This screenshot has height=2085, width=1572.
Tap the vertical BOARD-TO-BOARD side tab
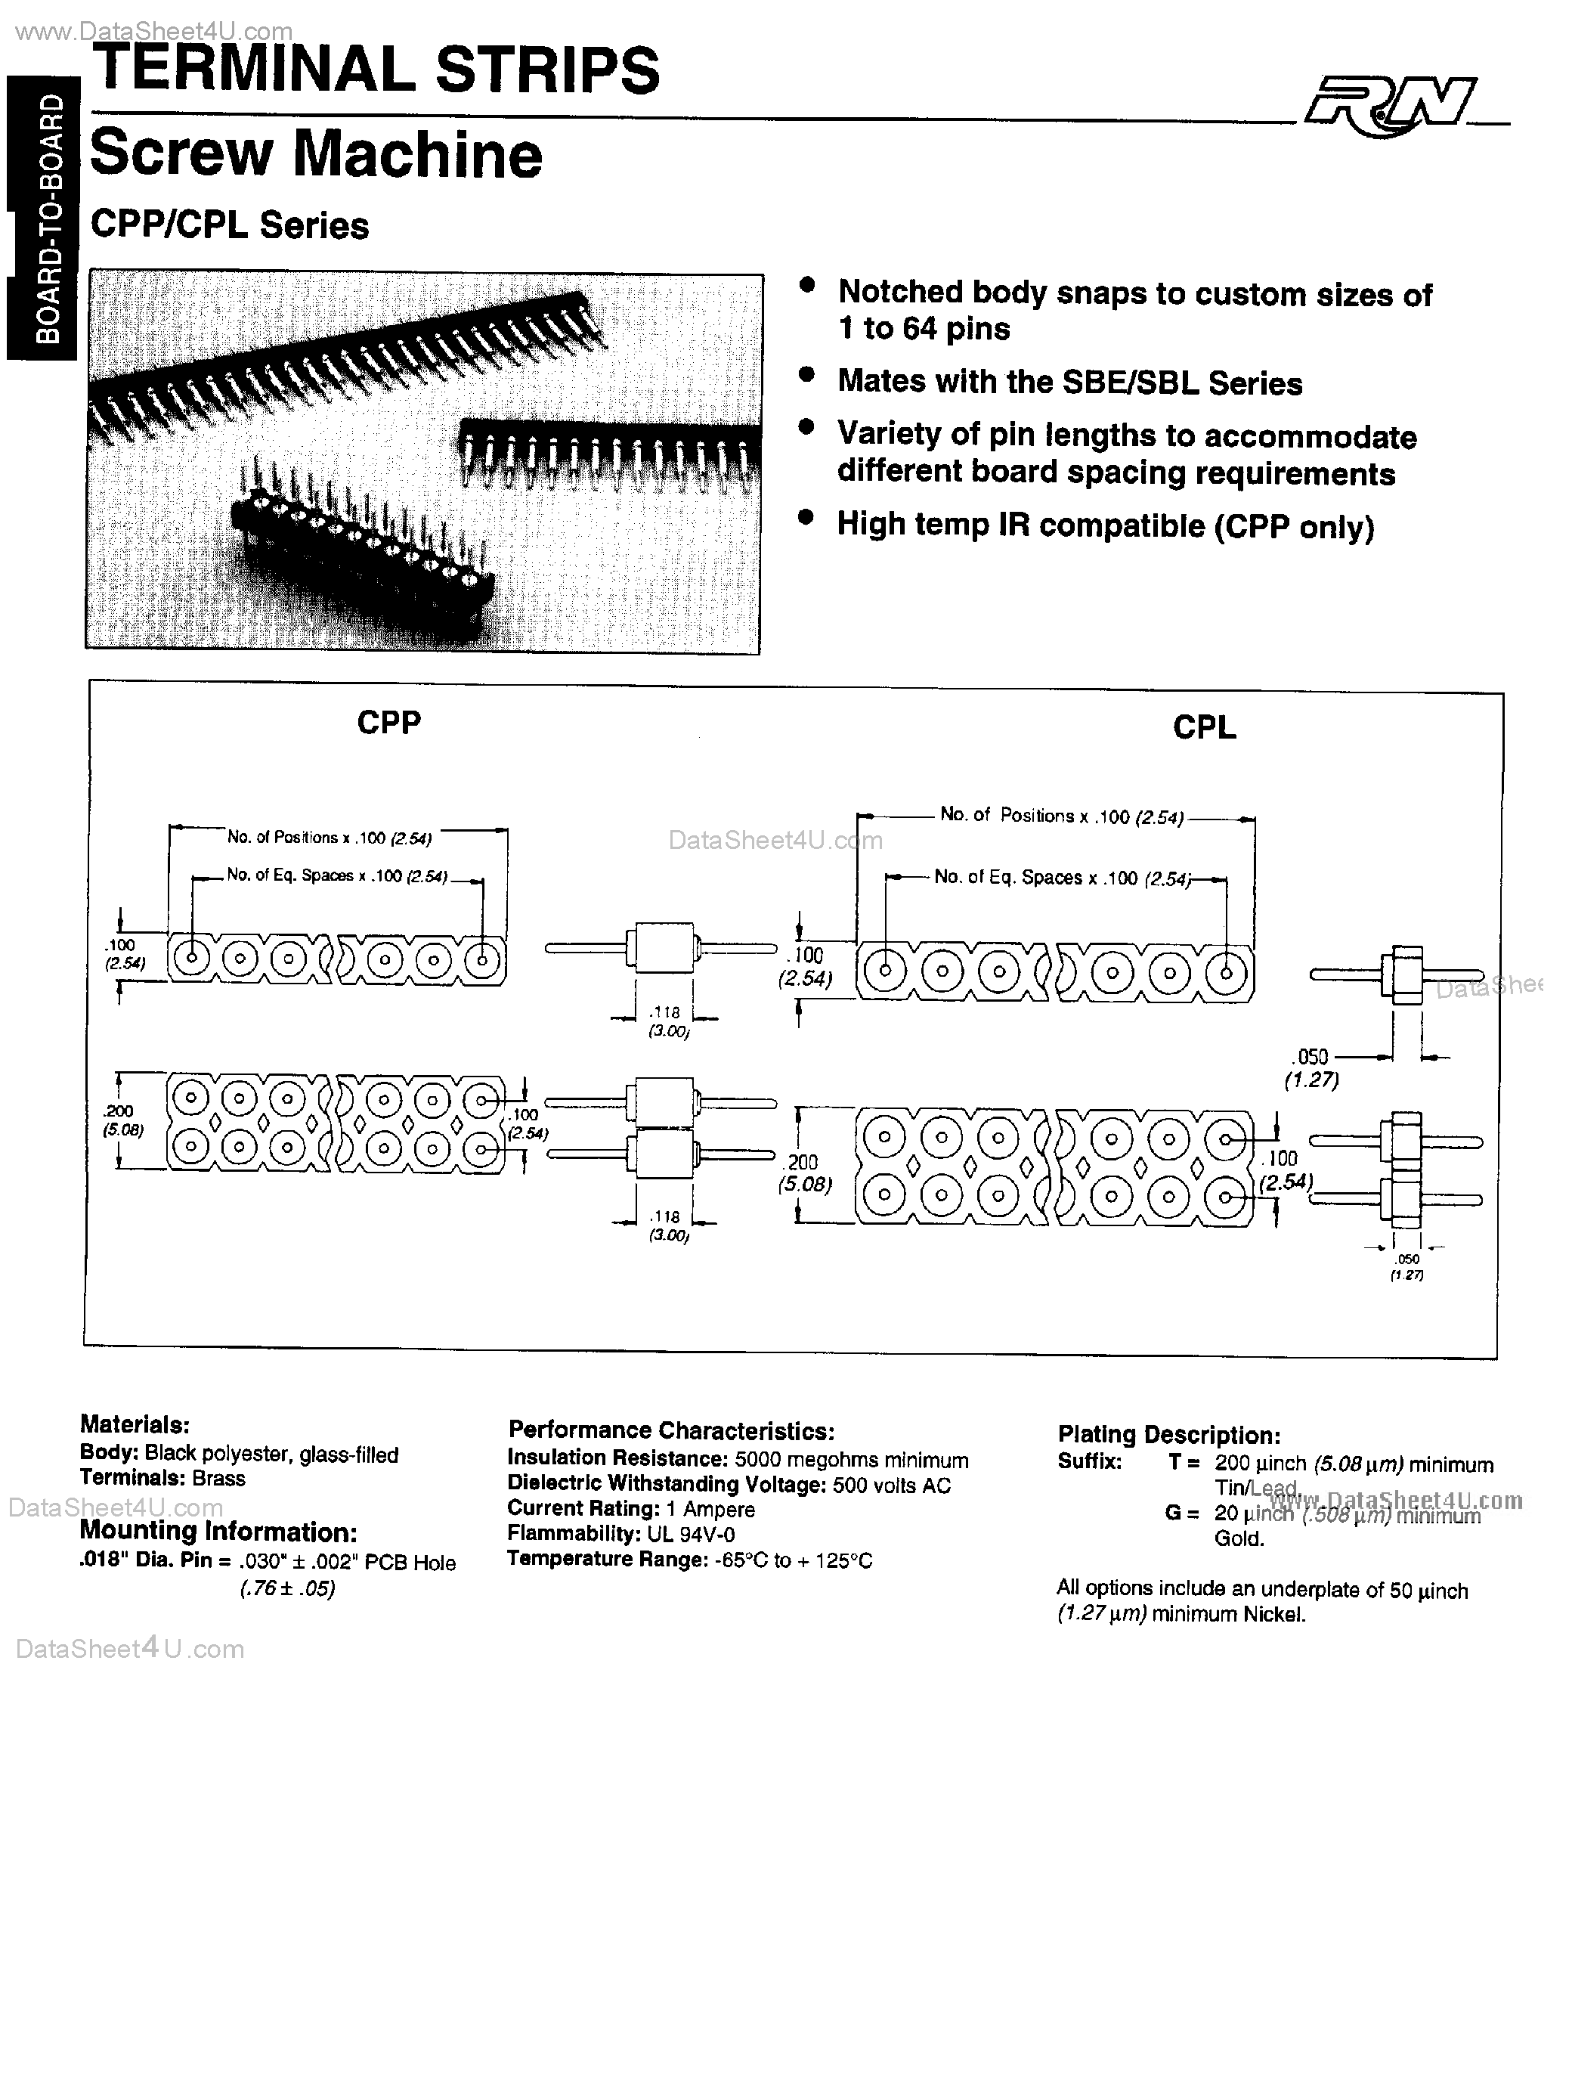point(42,218)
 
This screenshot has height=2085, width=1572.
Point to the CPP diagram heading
point(388,723)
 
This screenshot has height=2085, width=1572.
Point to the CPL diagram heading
point(1203,728)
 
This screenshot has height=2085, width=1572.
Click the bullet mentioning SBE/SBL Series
point(1069,383)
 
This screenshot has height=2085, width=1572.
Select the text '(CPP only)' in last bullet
point(1294,527)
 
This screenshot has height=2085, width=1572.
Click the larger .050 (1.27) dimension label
point(1312,1067)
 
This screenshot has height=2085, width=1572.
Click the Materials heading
point(134,1424)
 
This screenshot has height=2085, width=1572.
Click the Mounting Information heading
point(218,1532)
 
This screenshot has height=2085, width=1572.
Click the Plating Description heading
point(1168,1435)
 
